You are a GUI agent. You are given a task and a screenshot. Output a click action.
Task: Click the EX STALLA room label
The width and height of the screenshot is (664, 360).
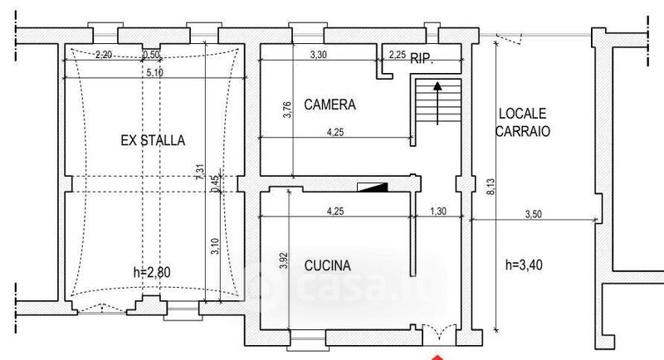pos(153,140)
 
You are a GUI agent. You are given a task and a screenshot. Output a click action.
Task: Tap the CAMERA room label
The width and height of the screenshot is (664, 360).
pos(330,105)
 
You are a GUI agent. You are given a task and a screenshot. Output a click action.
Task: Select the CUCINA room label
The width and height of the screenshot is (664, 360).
pos(328,265)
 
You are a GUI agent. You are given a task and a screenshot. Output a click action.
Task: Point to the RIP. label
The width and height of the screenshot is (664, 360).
pos(422,58)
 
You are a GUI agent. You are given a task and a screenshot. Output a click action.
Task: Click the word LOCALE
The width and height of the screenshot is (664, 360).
pos(523,114)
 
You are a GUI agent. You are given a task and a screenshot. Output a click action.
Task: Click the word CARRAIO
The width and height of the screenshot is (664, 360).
pos(523,131)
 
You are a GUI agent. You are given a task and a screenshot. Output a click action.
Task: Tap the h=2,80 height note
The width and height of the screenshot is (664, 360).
pos(152,272)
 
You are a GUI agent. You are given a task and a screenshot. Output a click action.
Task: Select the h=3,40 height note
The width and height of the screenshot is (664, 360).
pos(524,265)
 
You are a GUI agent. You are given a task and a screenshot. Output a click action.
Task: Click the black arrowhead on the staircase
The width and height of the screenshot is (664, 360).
pos(437,86)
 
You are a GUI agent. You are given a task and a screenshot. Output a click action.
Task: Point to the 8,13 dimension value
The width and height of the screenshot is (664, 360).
pos(491,187)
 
